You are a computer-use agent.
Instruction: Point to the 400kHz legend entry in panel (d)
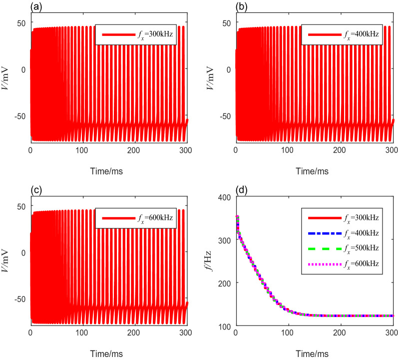pyautogui.click(x=358, y=233)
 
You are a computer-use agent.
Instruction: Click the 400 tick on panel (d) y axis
pyautogui.click(x=225, y=197)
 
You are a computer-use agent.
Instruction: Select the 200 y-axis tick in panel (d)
pyautogui.click(x=225, y=283)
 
